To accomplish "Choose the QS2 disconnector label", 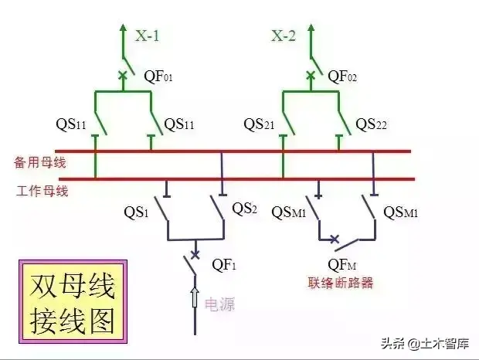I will [x=244, y=208].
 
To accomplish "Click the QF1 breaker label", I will [x=224, y=266].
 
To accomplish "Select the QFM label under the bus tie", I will [x=342, y=266].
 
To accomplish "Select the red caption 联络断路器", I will [x=340, y=283].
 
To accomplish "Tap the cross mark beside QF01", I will [x=121, y=76].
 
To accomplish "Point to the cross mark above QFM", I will [x=334, y=240].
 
